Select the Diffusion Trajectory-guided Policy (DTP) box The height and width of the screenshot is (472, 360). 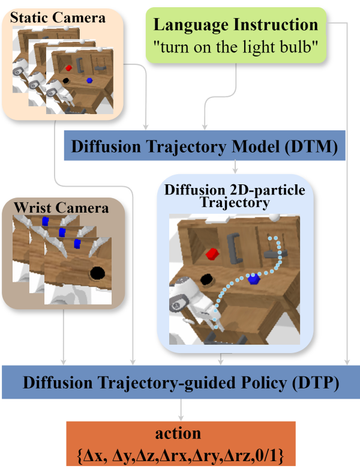180,382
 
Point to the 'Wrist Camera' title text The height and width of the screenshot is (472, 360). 63,208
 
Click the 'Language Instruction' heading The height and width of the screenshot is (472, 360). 236,25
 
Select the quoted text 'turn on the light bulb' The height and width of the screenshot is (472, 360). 236,48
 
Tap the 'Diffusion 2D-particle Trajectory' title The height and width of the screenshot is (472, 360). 235,196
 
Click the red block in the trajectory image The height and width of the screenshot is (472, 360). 211,253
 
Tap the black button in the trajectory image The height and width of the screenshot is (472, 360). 208,279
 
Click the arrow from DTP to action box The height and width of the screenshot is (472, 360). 181,411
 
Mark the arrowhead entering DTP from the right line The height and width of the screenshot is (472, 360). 347,362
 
